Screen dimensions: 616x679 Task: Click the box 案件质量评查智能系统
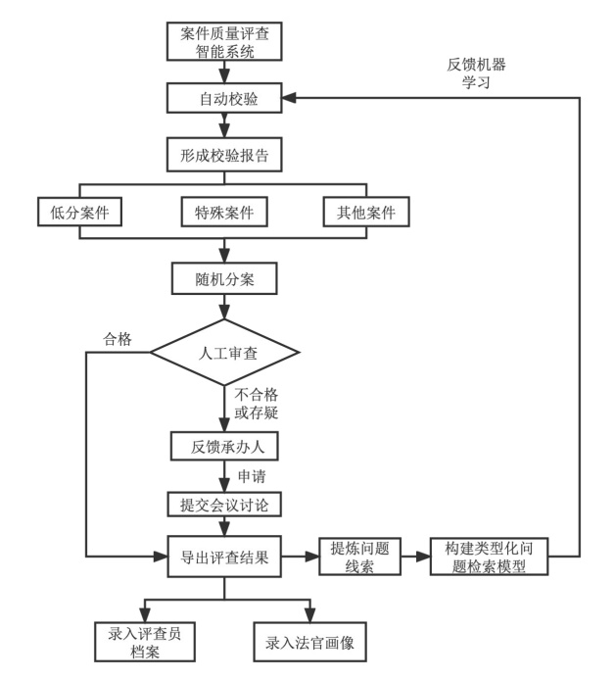[x=224, y=41]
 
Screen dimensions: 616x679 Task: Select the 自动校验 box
[x=224, y=98]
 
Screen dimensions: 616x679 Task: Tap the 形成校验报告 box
[x=224, y=155]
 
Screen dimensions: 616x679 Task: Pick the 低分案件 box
[x=79, y=212]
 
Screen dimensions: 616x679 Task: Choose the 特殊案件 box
[x=224, y=212]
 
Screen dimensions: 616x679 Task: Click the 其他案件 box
[x=366, y=212]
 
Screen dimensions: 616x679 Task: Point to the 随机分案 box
[x=224, y=279]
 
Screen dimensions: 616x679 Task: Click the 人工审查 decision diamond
[x=224, y=353]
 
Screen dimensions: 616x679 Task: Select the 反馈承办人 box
[x=224, y=446]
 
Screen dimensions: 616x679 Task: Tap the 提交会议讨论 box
[x=224, y=505]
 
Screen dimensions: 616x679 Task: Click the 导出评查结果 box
[x=224, y=557]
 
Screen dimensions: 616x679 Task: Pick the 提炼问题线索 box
[x=359, y=557]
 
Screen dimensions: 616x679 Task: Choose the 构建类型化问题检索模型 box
[x=489, y=557]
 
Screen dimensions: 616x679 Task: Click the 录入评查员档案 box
[x=145, y=642]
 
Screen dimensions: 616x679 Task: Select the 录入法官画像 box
[x=309, y=642]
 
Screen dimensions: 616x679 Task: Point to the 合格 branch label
[x=118, y=339]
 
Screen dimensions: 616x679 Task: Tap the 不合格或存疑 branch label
[x=257, y=403]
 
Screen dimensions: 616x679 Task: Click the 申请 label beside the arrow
[x=252, y=476]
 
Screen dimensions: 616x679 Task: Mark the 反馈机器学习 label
[x=476, y=73]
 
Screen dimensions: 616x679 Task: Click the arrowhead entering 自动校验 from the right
[x=289, y=98]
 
